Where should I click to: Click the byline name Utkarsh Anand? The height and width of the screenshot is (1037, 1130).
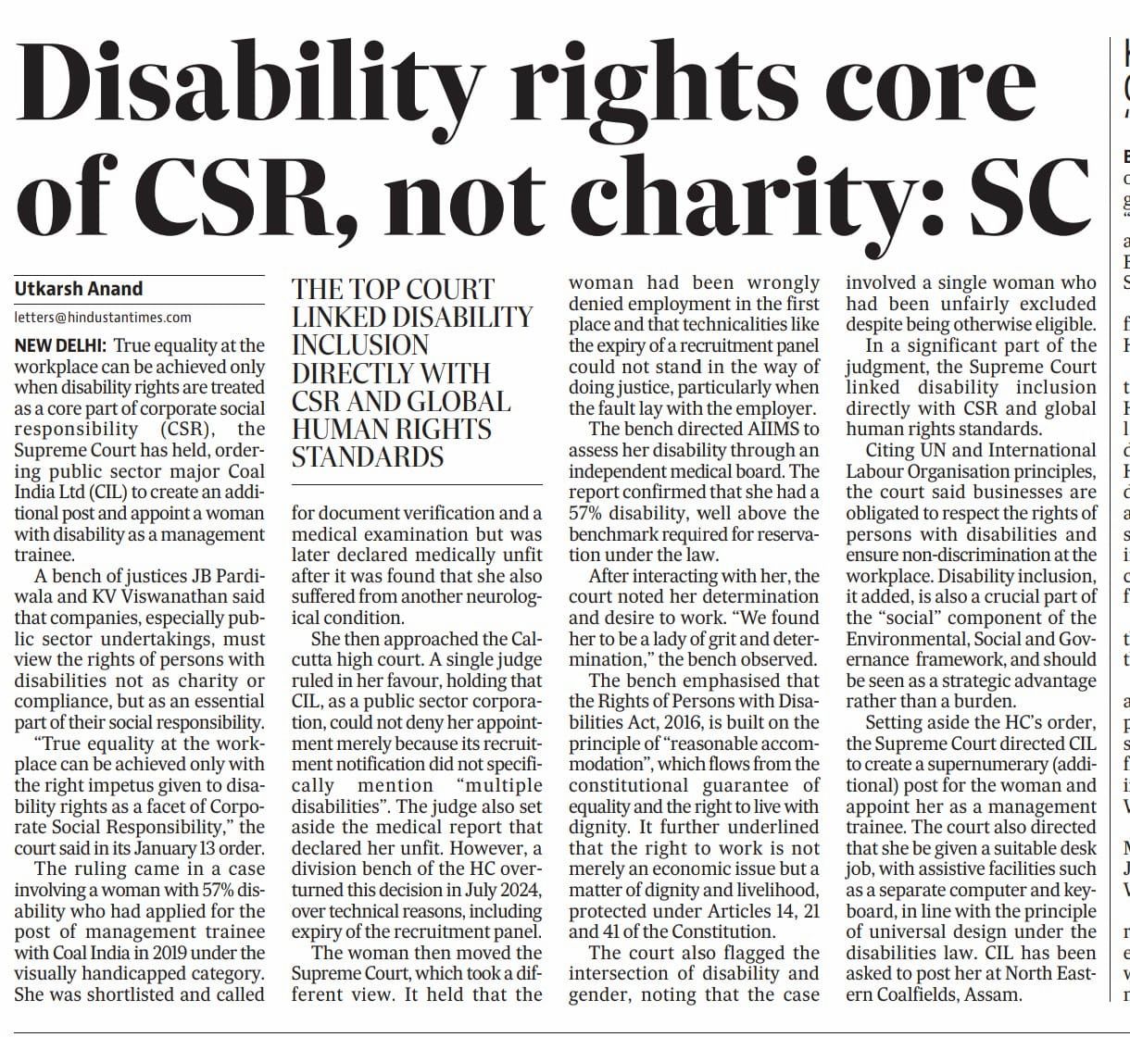[79, 289]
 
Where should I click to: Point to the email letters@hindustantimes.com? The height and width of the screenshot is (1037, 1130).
[103, 317]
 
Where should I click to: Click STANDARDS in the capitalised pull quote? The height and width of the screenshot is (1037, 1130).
[368, 457]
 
